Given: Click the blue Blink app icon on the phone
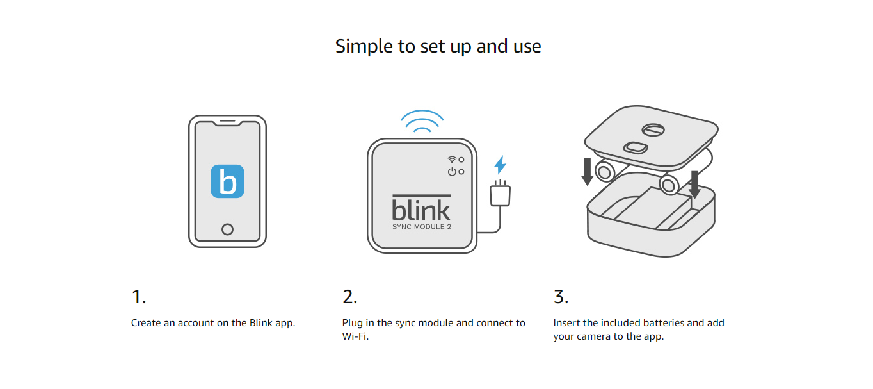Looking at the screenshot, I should [227, 181].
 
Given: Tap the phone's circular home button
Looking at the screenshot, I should [227, 229].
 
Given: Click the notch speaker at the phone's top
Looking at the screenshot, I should [227, 122].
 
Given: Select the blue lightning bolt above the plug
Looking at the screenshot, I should [500, 165].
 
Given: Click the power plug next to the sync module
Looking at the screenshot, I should [499, 195].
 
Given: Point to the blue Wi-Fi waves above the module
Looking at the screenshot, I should [421, 122].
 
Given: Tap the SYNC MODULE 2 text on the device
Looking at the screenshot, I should [421, 227].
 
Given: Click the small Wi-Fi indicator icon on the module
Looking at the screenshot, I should [452, 160].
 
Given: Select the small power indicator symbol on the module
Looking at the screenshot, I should [452, 172].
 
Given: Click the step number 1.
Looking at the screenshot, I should [138, 297].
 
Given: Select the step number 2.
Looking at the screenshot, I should [350, 297].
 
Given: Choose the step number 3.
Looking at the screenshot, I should [561, 297].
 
